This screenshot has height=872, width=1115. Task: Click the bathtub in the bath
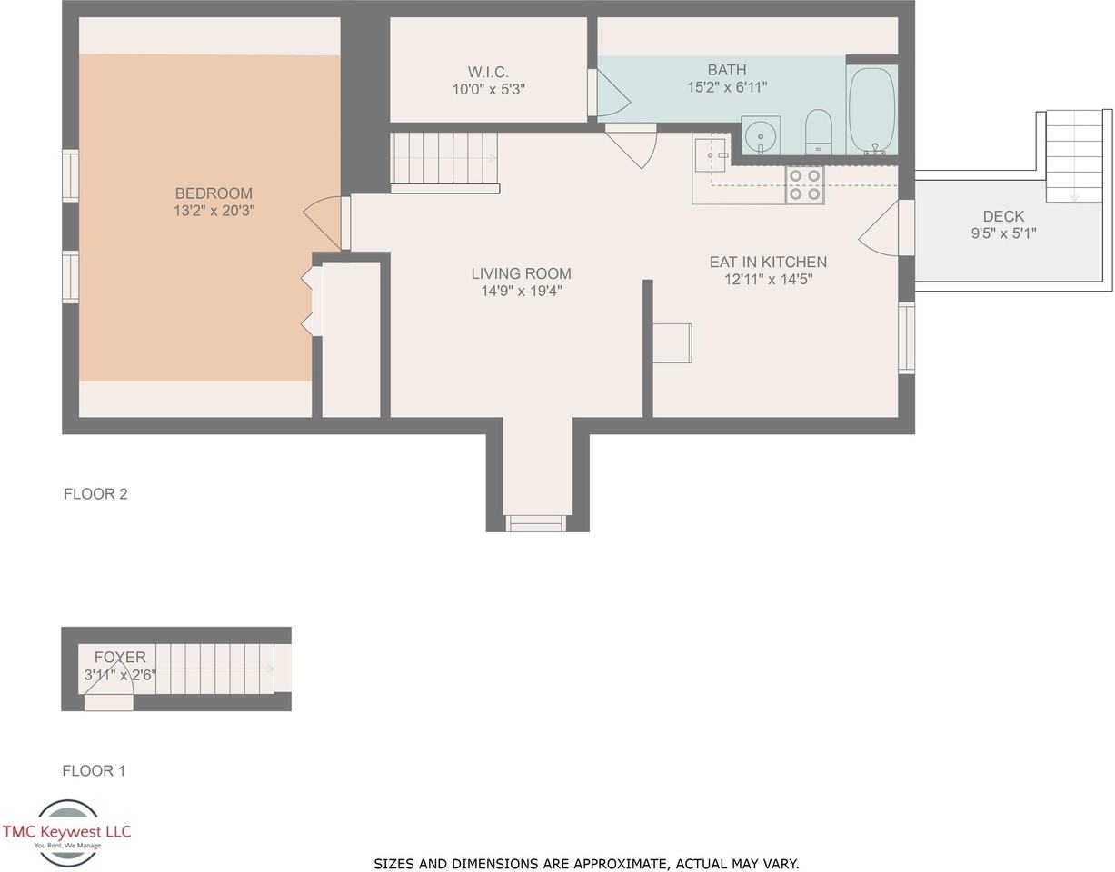coord(871,110)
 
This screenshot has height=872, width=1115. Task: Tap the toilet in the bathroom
coord(818,131)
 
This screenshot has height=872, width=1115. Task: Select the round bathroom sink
coord(761,136)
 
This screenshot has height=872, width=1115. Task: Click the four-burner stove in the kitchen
coord(804,185)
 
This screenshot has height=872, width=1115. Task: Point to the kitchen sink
coord(711,154)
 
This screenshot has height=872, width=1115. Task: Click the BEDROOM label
coord(214,193)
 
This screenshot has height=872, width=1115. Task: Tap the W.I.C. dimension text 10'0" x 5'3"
coord(488,90)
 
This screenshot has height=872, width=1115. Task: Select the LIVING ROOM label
coord(521,273)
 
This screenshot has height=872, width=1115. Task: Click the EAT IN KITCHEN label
coord(768,262)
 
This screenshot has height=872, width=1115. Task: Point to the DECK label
coord(1003,216)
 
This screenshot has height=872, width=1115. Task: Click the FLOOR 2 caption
coord(95,493)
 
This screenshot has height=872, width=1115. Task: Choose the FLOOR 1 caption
coord(94,770)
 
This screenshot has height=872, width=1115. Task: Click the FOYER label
coord(120,657)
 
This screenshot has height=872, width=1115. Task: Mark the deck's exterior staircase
coord(1073,156)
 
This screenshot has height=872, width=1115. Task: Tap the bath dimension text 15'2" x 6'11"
coord(727,87)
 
